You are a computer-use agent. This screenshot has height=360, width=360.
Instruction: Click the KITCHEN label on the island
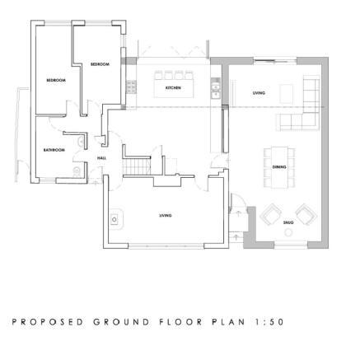pyautogui.click(x=173, y=86)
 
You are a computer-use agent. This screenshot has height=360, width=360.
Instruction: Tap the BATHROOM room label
pyautogui.click(x=54, y=149)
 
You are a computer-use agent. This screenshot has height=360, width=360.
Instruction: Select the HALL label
pyautogui.click(x=102, y=157)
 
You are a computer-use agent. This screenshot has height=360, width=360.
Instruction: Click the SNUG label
pyautogui.click(x=288, y=222)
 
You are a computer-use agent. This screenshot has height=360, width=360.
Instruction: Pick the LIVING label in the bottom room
pyautogui.click(x=166, y=215)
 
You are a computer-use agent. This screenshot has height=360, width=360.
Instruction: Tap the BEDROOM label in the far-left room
pyautogui.click(x=55, y=80)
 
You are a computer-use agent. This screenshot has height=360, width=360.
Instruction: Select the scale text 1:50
pyautogui.click(x=269, y=321)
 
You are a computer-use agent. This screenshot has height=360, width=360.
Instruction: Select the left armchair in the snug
pyautogui.click(x=269, y=215)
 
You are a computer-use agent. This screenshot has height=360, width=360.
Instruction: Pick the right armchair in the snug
pyautogui.click(x=306, y=215)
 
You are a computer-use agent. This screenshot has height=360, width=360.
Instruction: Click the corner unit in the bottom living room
pyautogui.click(x=115, y=218)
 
